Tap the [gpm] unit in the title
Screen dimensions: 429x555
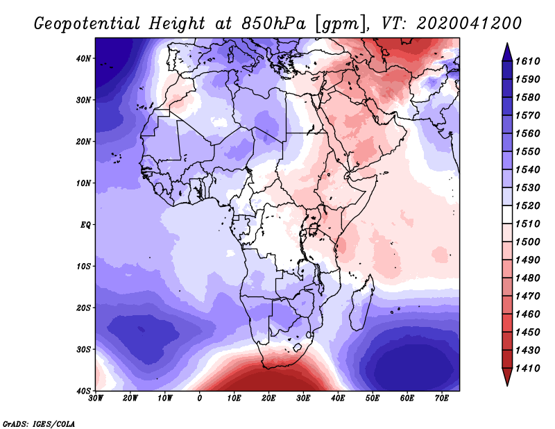(340, 23)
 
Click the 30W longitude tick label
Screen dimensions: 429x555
(96, 398)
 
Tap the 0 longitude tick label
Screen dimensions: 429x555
(200, 398)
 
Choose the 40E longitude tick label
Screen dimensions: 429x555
(338, 398)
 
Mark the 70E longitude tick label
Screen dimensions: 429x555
(442, 398)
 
